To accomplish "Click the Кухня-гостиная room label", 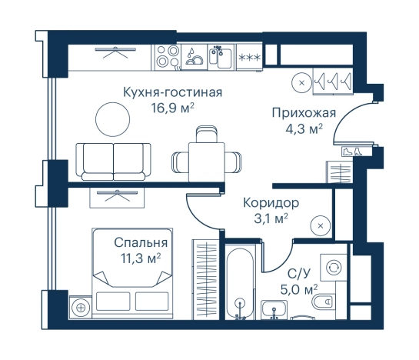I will [x=172, y=93].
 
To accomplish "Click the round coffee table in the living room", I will [x=111, y=119].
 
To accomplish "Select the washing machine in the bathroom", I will [x=334, y=267].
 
